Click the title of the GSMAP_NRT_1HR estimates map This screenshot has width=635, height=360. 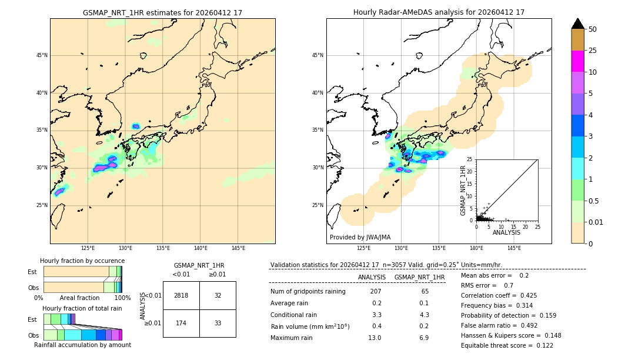pos(162,12)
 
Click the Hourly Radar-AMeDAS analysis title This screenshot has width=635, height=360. pos(439,12)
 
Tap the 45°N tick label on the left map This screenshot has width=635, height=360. pos(42,55)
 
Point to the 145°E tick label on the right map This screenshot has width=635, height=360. pos(514,248)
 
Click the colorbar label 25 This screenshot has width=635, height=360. pos(593,51)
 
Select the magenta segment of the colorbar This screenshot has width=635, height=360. pos(577,61)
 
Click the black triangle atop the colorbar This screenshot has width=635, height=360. pos(577,24)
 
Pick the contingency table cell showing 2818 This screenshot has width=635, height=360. pos(181,295)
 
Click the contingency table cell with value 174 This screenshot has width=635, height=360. pos(181,323)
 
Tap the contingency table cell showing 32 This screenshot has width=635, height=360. pos(218,295)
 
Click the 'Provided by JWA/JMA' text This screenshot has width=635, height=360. pos(360,237)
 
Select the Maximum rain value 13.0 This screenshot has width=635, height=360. pos(375,338)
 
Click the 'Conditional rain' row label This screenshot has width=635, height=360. pos(294,315)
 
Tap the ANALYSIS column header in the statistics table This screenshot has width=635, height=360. pos(372,277)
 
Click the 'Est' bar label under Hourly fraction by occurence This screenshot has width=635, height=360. pos(32,272)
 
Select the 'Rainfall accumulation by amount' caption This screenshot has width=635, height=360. pos(82,345)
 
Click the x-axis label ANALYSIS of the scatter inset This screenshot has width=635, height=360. pos(506,232)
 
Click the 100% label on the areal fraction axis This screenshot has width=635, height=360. pos(122,298)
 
